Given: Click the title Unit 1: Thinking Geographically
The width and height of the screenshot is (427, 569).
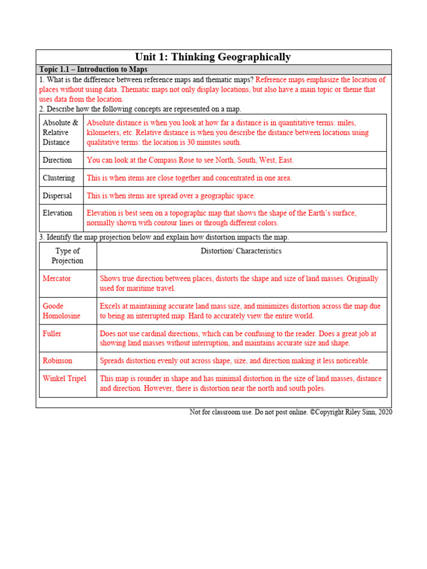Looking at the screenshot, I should [x=213, y=57].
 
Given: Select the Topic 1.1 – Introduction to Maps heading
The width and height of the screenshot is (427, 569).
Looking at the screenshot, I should [x=93, y=69].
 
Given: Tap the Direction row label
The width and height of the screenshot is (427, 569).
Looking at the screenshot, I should [x=57, y=160].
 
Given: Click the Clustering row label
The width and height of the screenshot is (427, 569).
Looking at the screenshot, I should [x=58, y=178].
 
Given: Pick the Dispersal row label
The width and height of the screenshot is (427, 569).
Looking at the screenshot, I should [x=57, y=196].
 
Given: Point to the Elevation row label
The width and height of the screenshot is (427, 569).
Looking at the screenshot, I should [x=57, y=213].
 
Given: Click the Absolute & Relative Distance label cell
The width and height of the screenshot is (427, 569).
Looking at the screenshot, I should [x=60, y=132].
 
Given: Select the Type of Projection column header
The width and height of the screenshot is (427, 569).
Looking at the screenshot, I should [x=67, y=256].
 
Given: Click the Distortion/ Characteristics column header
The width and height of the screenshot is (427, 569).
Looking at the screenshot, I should [x=241, y=251].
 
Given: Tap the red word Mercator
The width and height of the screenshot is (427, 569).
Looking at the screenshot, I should [x=57, y=278].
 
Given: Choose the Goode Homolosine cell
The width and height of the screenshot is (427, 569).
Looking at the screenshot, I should [x=61, y=311].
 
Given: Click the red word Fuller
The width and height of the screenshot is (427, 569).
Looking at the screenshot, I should [x=52, y=334].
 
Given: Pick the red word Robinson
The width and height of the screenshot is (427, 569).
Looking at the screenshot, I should [x=57, y=361].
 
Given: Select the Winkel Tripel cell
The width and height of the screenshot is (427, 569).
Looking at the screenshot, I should [x=64, y=378].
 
